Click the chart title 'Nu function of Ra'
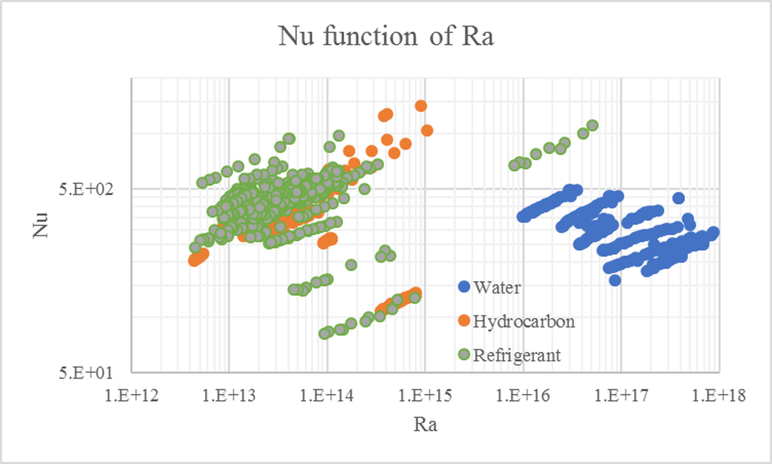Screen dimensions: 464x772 click(386, 36)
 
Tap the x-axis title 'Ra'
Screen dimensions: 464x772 click(425, 425)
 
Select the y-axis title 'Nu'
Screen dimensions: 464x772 click(40, 225)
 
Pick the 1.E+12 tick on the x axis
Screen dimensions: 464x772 click(131, 396)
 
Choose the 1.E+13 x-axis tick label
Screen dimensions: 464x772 click(229, 396)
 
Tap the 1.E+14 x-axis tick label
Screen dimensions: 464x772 click(327, 396)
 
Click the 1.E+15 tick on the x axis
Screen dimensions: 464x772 click(425, 396)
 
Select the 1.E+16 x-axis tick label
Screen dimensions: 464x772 click(523, 396)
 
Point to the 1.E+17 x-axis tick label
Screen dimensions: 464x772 click(621, 396)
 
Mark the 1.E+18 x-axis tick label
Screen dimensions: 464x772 click(719, 396)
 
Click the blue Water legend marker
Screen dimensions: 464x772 click(464, 287)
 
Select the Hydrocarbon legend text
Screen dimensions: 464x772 click(524, 321)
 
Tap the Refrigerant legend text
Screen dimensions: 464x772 click(517, 355)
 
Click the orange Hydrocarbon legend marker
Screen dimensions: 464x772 click(464, 321)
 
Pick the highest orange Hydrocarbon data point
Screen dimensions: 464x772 click(421, 106)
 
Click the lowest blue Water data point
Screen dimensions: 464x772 click(615, 281)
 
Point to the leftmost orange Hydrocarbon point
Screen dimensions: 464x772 click(194, 260)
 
